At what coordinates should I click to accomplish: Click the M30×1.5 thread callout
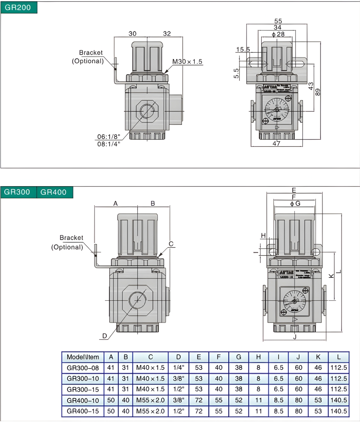tap(187, 62)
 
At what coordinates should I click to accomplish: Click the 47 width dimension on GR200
tap(276, 143)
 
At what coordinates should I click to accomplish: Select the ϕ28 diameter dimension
tap(278, 34)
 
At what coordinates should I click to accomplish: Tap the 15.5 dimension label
tap(243, 49)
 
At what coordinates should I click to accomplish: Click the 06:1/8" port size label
tap(108, 136)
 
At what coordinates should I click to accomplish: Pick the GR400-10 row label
tap(83, 400)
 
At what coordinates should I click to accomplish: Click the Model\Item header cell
tap(83, 357)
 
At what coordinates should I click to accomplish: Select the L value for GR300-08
tap(338, 368)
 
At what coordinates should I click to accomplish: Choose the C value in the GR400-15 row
tap(150, 411)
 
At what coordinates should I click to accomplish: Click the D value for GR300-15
tap(178, 389)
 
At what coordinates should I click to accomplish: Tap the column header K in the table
tap(318, 357)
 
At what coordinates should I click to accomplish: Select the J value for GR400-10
tap(298, 400)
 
